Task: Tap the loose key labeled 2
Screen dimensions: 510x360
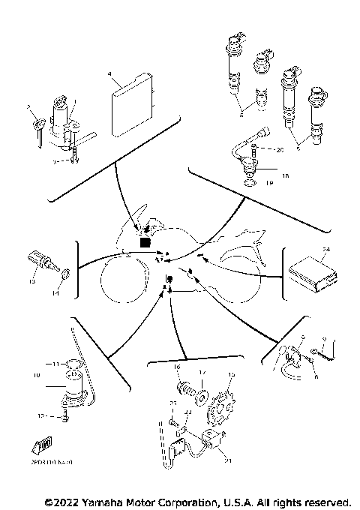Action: click(x=35, y=127)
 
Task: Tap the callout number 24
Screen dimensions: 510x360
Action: click(x=325, y=247)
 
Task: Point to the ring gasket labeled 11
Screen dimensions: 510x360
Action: click(x=72, y=365)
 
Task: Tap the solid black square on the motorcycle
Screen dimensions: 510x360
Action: click(x=145, y=242)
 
